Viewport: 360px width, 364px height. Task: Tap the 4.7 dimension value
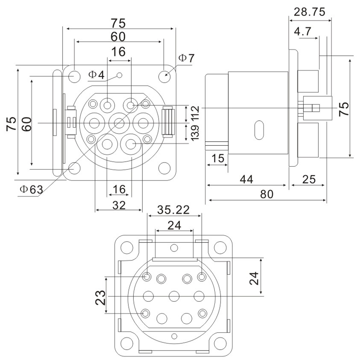[x=303, y=32]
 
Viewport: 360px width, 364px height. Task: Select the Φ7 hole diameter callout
[x=186, y=59]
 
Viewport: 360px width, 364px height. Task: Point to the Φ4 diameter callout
[x=97, y=75]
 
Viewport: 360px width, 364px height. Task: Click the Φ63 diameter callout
[x=31, y=190]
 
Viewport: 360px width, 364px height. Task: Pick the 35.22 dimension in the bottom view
[x=174, y=210]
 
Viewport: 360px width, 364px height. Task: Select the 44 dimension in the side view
[x=247, y=179]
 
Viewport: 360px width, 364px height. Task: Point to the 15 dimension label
[x=218, y=158]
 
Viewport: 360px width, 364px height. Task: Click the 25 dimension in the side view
[x=309, y=179]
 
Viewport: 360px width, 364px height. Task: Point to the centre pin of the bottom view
[x=175, y=295]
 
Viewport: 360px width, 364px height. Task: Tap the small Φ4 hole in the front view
[x=119, y=75]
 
